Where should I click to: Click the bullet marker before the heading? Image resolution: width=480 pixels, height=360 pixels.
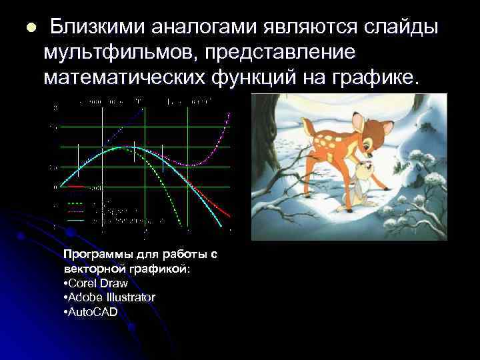pyautogui.click(x=29, y=28)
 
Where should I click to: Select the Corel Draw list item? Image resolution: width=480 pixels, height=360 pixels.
pyautogui.click(x=97, y=283)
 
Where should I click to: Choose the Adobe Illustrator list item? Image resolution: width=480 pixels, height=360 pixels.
pyautogui.click(x=110, y=297)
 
